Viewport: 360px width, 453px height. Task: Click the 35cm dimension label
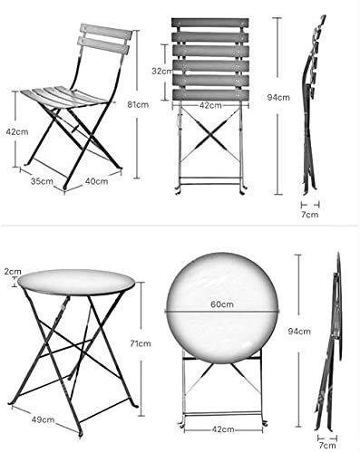pyautogui.click(x=42, y=180)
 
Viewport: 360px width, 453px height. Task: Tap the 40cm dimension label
pyautogui.click(x=95, y=180)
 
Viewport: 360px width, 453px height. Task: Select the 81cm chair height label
pyautogui.click(x=138, y=105)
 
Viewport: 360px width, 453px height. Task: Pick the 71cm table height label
pyautogui.click(x=141, y=344)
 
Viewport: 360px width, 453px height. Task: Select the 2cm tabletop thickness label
pyautogui.click(x=12, y=271)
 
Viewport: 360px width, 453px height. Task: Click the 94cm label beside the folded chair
pyautogui.click(x=290, y=98)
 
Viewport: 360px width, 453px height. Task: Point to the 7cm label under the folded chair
pyautogui.click(x=310, y=216)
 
